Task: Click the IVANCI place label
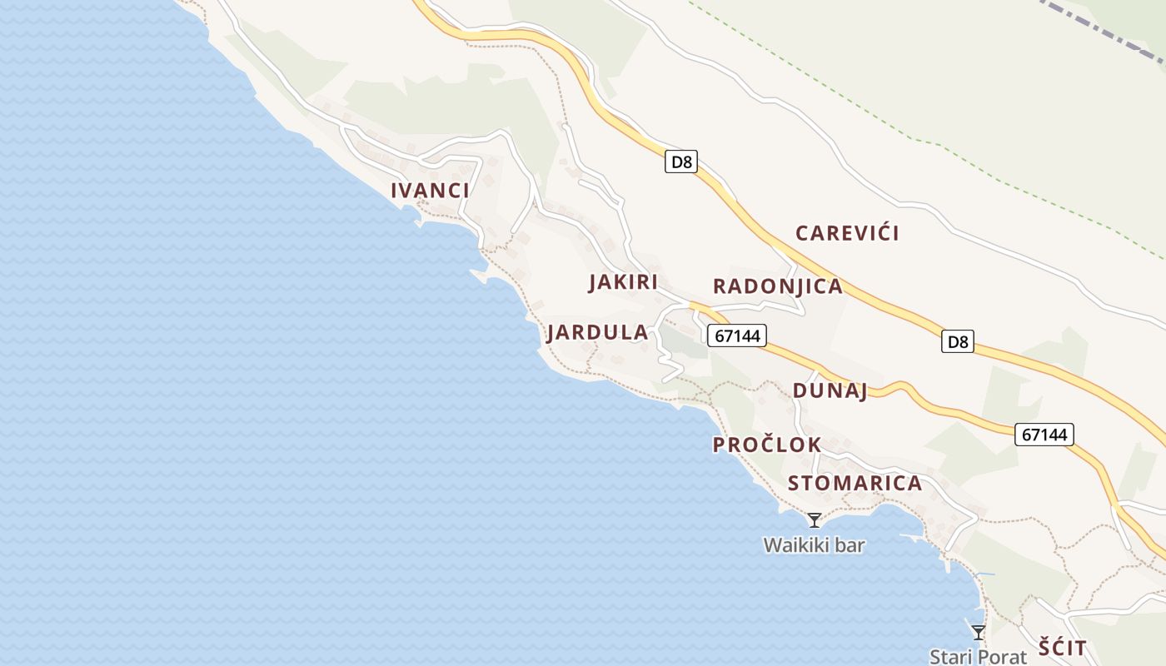coord(430,191)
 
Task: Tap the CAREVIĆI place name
coord(847,233)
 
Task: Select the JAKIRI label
coord(623,282)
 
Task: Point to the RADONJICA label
coord(777,287)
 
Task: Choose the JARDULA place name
coord(597,333)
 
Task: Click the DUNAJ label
coord(830,391)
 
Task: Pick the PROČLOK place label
coord(766,445)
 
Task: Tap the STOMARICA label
coord(855,484)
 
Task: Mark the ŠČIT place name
coord(1063,648)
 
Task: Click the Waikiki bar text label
coord(814,546)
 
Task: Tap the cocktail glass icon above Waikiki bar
coord(815,520)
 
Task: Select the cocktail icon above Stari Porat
coord(978,633)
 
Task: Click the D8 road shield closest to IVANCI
coord(681,162)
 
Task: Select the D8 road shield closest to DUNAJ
coord(958,341)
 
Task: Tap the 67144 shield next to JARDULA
coord(737,335)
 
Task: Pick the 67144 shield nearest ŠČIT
coord(1044,434)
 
